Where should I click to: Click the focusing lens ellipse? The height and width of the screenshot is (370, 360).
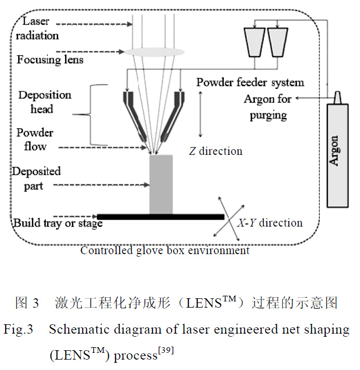click(154, 51)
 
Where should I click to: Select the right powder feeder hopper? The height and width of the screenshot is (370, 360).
click(278, 42)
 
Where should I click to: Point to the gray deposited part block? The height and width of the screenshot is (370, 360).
click(161, 184)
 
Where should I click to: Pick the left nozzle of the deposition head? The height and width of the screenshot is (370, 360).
click(134, 114)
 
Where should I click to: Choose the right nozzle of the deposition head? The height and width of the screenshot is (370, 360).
click(175, 114)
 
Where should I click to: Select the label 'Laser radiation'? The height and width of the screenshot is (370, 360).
click(41, 29)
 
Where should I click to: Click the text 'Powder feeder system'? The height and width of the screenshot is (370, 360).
click(250, 82)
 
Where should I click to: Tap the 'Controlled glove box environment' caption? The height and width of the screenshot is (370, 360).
click(164, 250)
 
